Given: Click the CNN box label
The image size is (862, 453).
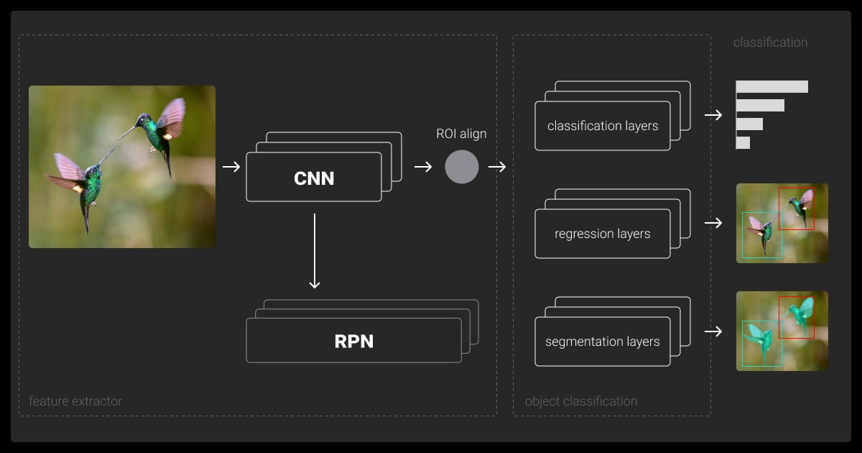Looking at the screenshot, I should (314, 178).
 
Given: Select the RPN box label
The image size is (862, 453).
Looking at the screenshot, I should (353, 341).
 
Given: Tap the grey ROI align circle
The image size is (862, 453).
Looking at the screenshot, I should (462, 167).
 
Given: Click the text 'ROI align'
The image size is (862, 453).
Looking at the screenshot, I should (461, 134).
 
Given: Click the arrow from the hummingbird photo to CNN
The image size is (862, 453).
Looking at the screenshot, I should (231, 167).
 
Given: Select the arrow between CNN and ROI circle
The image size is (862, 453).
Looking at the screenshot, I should (423, 167).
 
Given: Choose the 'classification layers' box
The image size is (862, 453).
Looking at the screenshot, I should (603, 126).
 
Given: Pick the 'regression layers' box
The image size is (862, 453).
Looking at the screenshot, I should (603, 234).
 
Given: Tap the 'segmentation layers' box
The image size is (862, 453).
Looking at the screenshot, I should (603, 342).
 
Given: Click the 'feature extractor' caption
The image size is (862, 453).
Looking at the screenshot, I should (75, 401).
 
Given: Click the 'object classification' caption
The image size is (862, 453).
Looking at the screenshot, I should (581, 401).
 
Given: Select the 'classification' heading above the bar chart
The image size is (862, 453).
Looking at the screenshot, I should (770, 42).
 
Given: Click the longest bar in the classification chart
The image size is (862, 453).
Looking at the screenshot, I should (772, 87).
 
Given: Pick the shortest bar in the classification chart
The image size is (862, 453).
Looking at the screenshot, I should (743, 143).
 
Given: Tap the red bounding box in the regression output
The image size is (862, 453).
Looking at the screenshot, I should (797, 209).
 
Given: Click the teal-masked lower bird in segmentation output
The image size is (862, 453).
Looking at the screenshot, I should (760, 339).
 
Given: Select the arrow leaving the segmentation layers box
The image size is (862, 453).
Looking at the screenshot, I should (713, 331).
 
